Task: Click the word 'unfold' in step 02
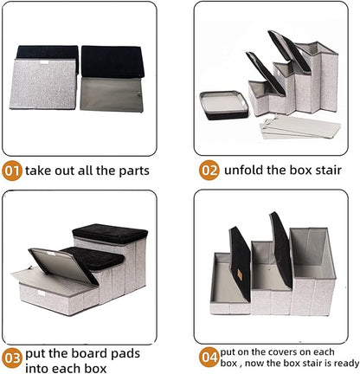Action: tap(247, 170)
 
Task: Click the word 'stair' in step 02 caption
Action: tap(332, 170)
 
